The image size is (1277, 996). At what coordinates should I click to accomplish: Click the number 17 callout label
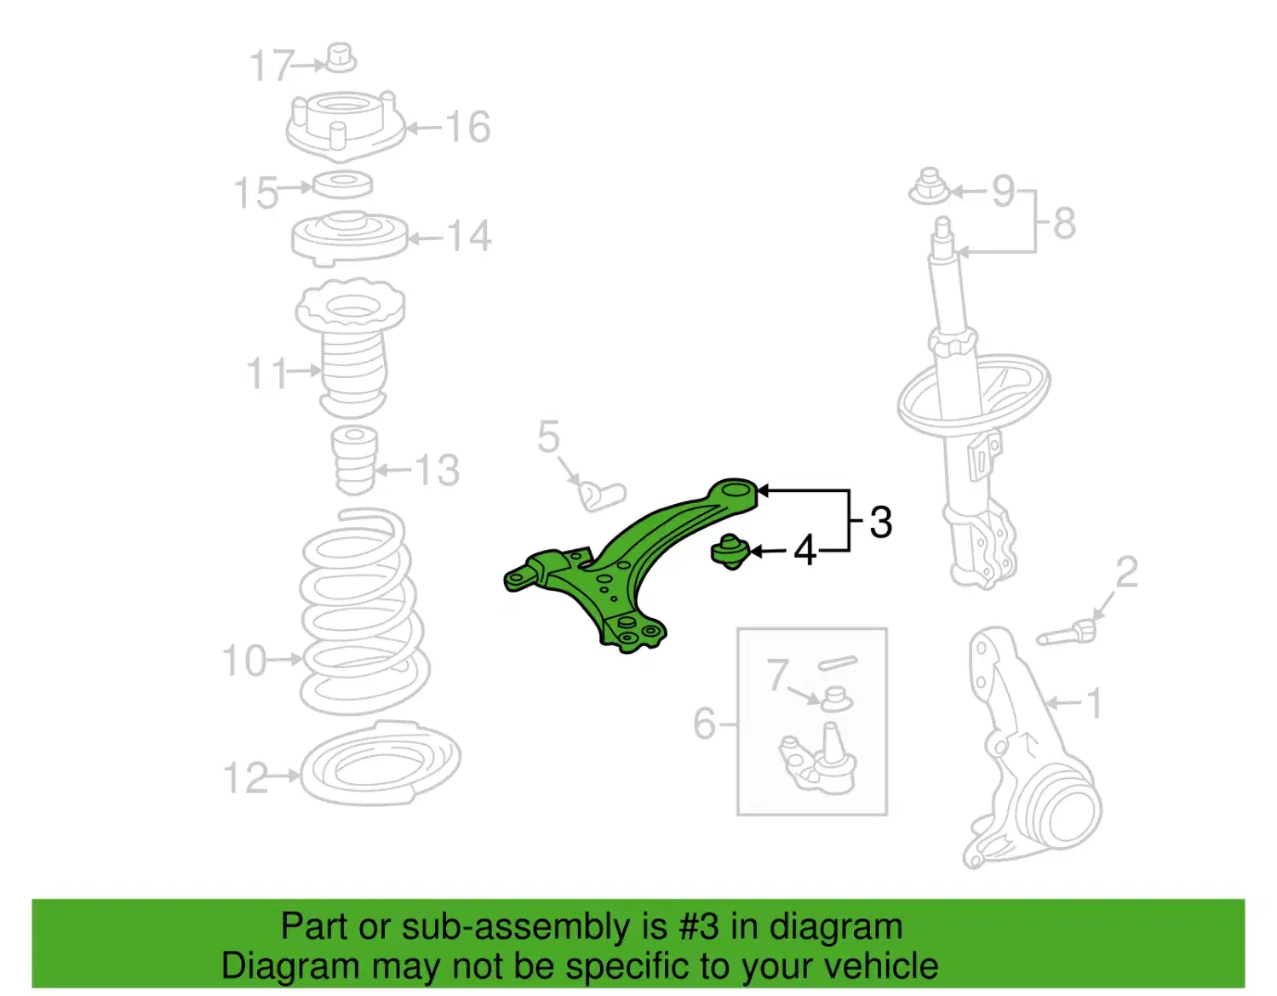coord(271,66)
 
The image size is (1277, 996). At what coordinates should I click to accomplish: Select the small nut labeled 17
coord(341,58)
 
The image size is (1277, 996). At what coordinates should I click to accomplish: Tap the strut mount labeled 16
coord(345,126)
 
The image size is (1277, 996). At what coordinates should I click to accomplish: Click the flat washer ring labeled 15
coord(342,184)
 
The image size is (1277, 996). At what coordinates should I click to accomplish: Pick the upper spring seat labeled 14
coord(350,238)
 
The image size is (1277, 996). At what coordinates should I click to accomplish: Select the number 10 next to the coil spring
coord(245,660)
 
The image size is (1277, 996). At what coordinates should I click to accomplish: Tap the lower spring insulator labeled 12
coord(381,763)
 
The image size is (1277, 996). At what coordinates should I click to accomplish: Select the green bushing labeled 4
coord(729,552)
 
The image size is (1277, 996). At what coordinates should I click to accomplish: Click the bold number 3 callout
coord(880,522)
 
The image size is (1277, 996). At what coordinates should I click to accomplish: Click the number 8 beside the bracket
coord(1064,223)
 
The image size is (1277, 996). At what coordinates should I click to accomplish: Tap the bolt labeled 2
coord(1066,634)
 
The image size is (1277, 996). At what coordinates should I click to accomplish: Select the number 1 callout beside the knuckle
coord(1094,703)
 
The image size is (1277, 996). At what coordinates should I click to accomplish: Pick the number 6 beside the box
coord(705,723)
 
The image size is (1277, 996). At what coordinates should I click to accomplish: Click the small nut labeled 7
coord(836,699)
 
